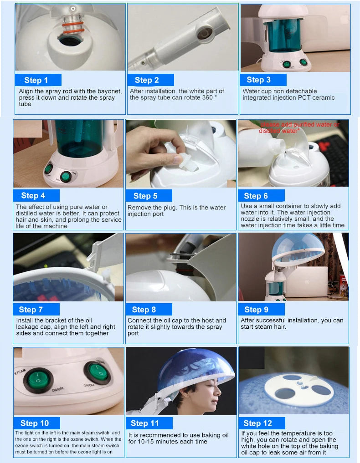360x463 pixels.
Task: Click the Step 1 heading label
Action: pos(36,80)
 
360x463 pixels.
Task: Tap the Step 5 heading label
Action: pos(145,196)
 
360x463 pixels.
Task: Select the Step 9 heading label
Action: pos(256,310)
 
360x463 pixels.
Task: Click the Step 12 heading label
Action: pos(258,423)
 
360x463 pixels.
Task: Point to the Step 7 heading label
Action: pos(31,310)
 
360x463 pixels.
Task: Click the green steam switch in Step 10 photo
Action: pos(38,380)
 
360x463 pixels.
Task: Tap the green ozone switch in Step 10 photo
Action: pos(97,374)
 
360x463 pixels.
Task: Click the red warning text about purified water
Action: pos(299,127)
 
